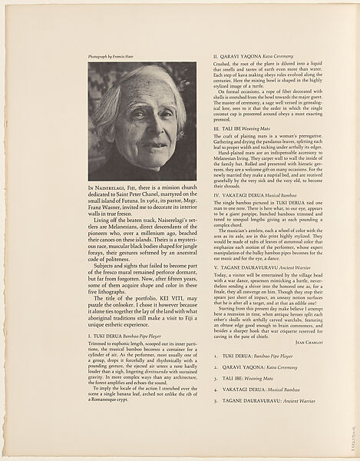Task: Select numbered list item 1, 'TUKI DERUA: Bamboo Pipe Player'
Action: pyautogui.click(x=260, y=378)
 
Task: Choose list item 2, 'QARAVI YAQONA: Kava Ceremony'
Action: pyautogui.click(x=260, y=389)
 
